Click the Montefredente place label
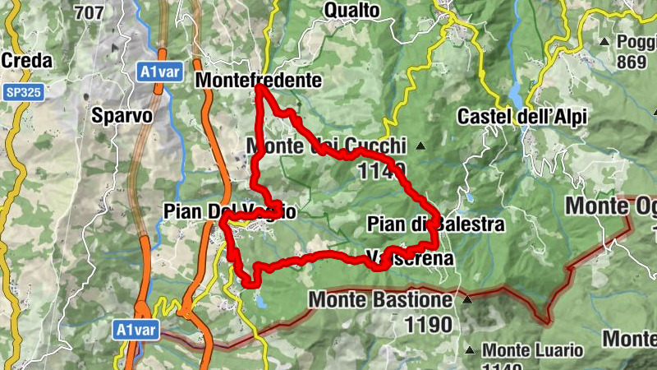click(x=258, y=81)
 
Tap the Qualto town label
click(x=352, y=10)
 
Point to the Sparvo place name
click(x=123, y=115)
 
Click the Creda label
click(x=27, y=61)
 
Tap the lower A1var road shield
click(x=135, y=330)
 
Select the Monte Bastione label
click(x=380, y=300)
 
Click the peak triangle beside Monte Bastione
click(x=467, y=300)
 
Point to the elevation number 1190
click(x=428, y=325)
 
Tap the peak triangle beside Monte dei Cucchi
click(x=420, y=146)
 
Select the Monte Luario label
click(x=533, y=351)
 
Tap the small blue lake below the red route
click(x=260, y=302)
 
